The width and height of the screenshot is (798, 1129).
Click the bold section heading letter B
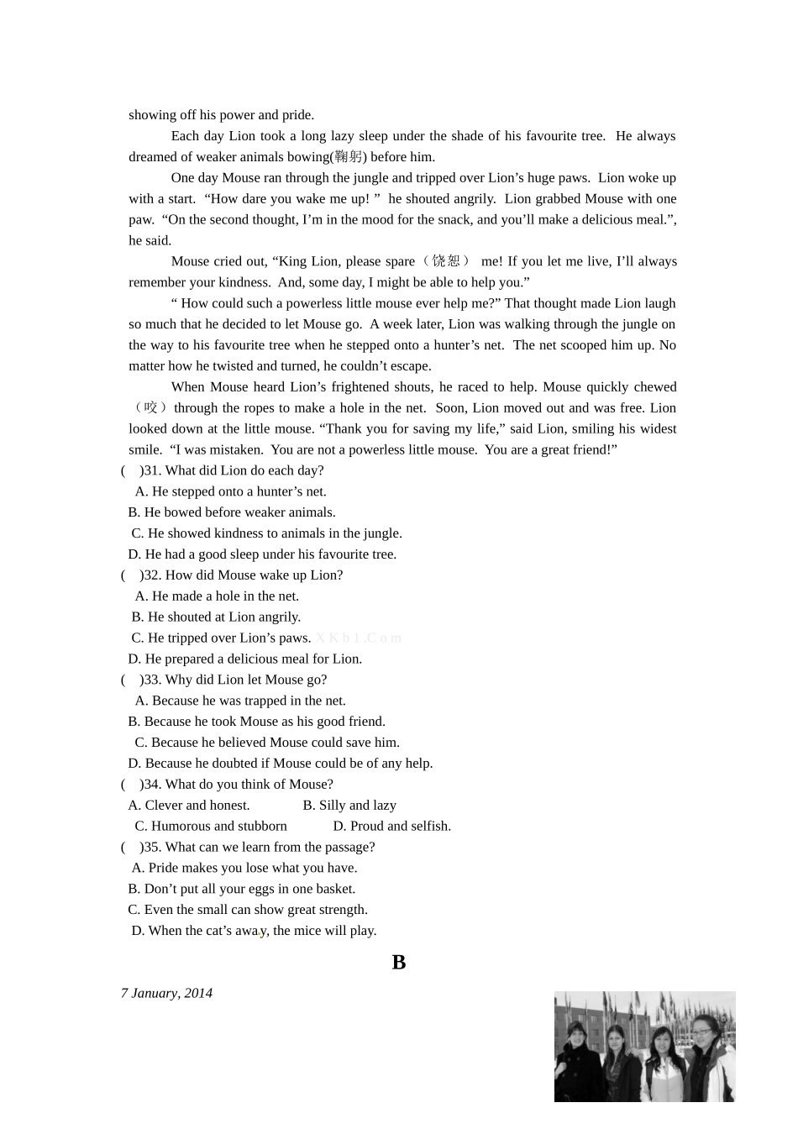(x=399, y=962)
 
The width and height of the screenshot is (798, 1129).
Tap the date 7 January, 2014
(x=166, y=993)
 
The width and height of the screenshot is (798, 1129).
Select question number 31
(x=152, y=470)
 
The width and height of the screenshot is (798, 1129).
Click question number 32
(x=152, y=575)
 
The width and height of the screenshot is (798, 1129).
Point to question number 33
(x=152, y=680)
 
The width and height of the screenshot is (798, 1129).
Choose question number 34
(x=152, y=785)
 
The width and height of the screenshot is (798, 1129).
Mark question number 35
(x=152, y=847)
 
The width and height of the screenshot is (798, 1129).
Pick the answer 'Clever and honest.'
(x=189, y=806)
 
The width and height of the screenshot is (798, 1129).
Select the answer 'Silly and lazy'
(x=349, y=806)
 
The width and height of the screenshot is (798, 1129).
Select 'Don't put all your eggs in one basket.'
(x=242, y=889)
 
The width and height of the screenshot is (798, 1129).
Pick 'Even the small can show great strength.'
(x=248, y=910)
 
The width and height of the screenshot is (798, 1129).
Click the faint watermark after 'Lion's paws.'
(x=359, y=638)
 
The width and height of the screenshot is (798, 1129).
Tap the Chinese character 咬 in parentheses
(x=151, y=408)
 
